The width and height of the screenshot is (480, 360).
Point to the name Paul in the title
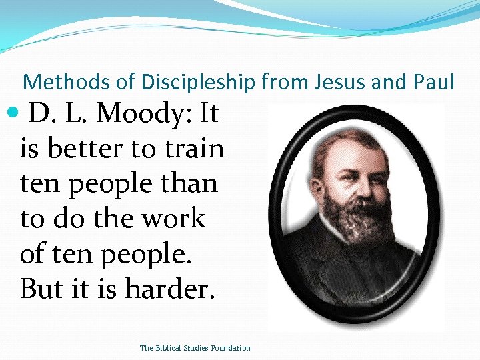click(433, 82)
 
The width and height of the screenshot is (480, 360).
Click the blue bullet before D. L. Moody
click(15, 114)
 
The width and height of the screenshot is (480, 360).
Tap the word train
click(193, 149)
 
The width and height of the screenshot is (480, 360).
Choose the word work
click(173, 218)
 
